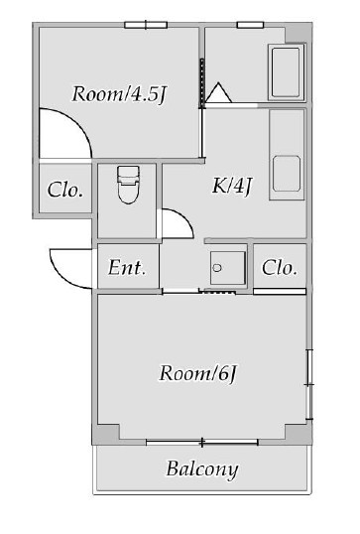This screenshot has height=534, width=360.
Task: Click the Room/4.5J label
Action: [x=118, y=94]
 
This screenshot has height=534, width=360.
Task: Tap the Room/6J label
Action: [x=201, y=373]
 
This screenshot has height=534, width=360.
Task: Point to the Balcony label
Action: [x=201, y=468]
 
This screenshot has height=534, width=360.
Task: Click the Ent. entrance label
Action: [x=128, y=267]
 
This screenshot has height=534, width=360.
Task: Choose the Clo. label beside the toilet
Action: [x=65, y=190]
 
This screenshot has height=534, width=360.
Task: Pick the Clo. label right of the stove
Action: [x=280, y=267]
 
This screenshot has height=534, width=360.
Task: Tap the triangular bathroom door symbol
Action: [x=218, y=94]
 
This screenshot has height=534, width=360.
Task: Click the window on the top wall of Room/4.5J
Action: [x=145, y=24]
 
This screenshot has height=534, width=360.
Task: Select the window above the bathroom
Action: [x=250, y=24]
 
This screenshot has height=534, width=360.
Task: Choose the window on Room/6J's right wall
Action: [x=309, y=381]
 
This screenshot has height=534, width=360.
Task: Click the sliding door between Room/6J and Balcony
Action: [x=202, y=441]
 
